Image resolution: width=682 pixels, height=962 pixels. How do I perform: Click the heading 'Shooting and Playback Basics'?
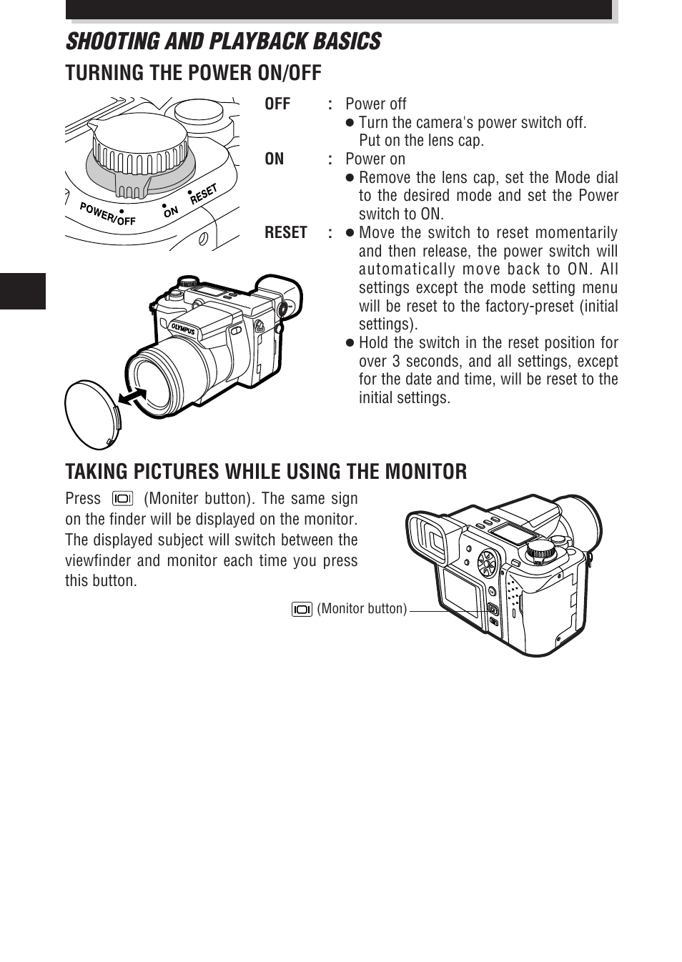click(x=223, y=41)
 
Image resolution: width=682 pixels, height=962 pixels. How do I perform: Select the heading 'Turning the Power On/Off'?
click(x=193, y=73)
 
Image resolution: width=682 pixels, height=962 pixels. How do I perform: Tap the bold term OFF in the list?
click(x=277, y=104)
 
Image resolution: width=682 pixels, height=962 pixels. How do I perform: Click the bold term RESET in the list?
click(x=285, y=233)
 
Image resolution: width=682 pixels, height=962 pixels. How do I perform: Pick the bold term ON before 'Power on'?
click(x=274, y=159)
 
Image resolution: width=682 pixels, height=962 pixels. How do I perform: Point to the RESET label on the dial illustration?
click(x=204, y=194)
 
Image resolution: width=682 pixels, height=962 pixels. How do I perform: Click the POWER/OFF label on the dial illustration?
click(x=107, y=214)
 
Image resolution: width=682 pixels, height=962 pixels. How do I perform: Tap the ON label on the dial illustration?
click(x=171, y=212)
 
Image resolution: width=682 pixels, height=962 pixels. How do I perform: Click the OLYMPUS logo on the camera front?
click(x=183, y=329)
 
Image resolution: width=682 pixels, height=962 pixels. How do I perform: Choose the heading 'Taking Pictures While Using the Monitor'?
click(x=266, y=472)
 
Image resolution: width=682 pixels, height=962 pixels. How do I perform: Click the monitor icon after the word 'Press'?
click(x=122, y=499)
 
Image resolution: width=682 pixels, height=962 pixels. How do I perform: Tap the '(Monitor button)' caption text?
click(x=362, y=609)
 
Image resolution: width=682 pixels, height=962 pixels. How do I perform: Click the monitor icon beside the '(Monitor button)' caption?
click(x=302, y=609)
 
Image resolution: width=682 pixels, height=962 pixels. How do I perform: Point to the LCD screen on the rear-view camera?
click(x=462, y=592)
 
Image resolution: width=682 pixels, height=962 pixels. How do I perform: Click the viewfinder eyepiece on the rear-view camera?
click(x=432, y=540)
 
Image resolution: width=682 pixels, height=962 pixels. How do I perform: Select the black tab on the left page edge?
click(x=23, y=291)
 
